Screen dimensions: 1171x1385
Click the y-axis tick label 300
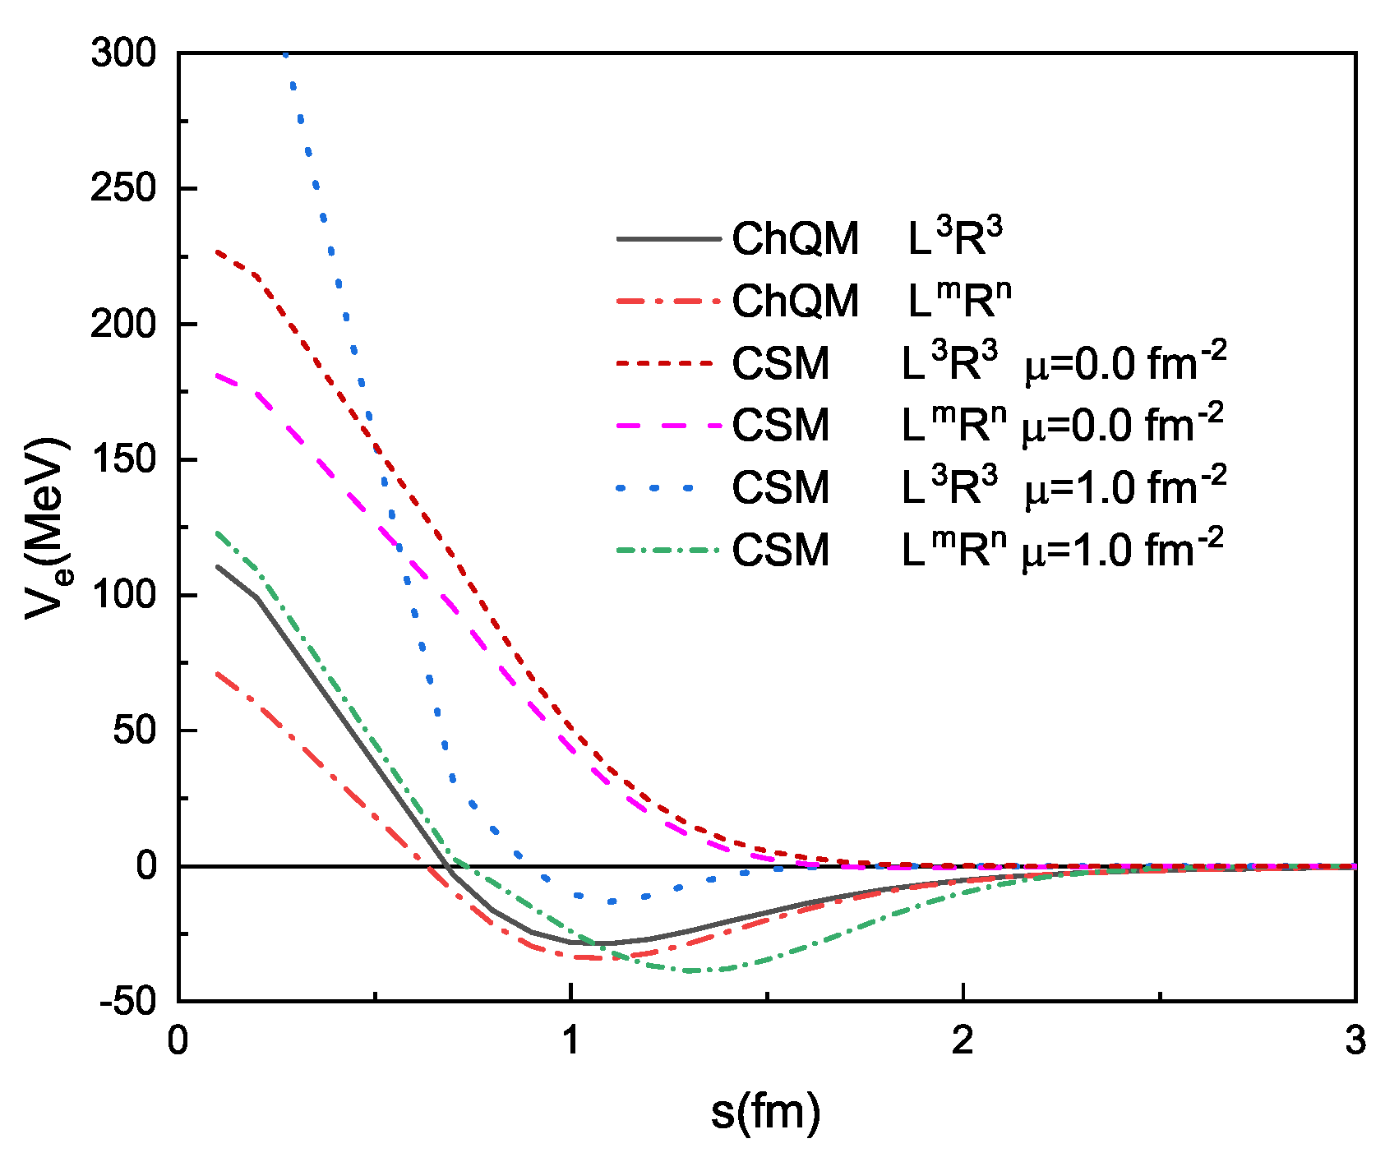pos(123,54)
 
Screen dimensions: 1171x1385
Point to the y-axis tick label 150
pos(123,460)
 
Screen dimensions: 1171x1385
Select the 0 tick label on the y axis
pos(146,866)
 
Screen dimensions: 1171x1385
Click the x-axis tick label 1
pos(570,1041)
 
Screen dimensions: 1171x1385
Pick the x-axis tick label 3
pos(1355,1041)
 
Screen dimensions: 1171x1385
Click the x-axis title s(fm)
pos(766,1113)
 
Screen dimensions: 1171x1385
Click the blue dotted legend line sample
pos(658,488)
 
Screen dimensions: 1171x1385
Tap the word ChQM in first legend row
pos(795,239)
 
